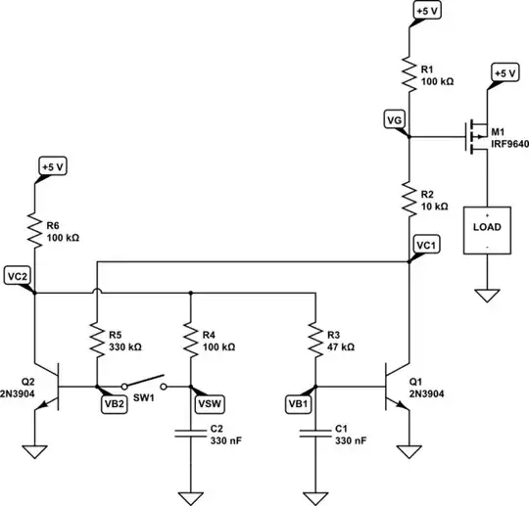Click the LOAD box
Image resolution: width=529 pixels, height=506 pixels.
[x=486, y=227]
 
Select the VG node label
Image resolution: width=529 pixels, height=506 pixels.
[x=395, y=118]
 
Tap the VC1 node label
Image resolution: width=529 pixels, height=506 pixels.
[x=427, y=245]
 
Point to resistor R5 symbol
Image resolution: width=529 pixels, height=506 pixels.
[x=96, y=339]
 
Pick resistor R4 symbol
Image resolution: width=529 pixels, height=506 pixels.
[x=189, y=339]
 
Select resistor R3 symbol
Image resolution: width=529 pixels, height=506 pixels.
[x=314, y=339]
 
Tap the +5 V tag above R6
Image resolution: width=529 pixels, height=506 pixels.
[x=52, y=166]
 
